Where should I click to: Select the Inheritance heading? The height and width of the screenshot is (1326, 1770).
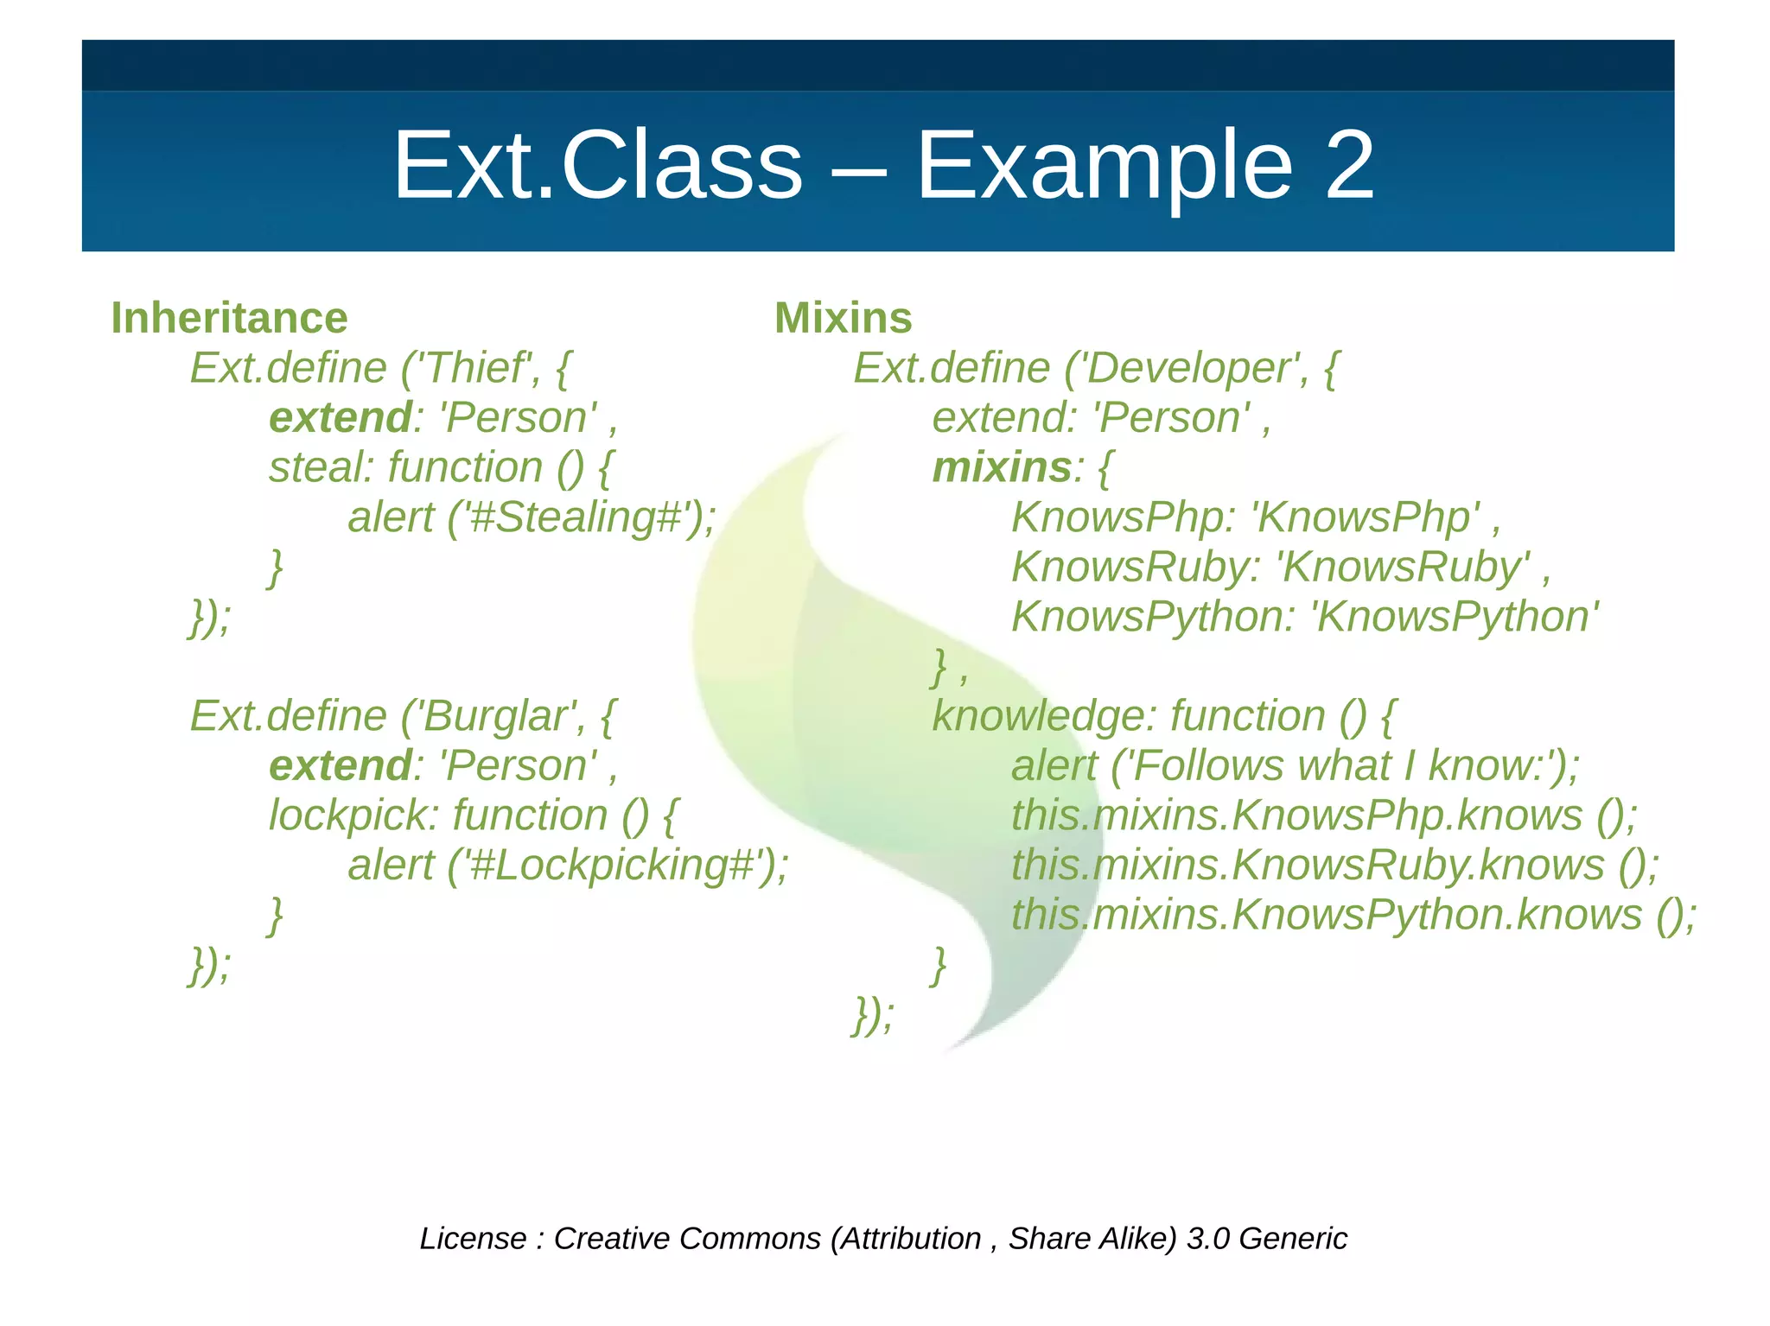coord(229,318)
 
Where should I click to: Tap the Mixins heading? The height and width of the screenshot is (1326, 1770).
coord(843,318)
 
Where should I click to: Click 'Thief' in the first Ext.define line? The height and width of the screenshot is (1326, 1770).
coord(474,368)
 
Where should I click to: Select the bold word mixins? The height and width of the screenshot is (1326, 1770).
coord(1001,467)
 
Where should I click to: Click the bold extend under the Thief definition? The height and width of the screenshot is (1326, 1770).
coord(340,418)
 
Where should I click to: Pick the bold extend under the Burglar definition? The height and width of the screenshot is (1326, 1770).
coord(340,766)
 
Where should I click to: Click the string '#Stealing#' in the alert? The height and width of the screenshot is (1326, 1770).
coord(578,517)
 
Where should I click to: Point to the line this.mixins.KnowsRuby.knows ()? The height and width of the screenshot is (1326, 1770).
coord(1334,866)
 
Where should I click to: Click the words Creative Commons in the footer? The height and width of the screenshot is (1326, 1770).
coord(687,1238)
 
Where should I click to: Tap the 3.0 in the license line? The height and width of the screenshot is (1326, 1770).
coord(1207,1238)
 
